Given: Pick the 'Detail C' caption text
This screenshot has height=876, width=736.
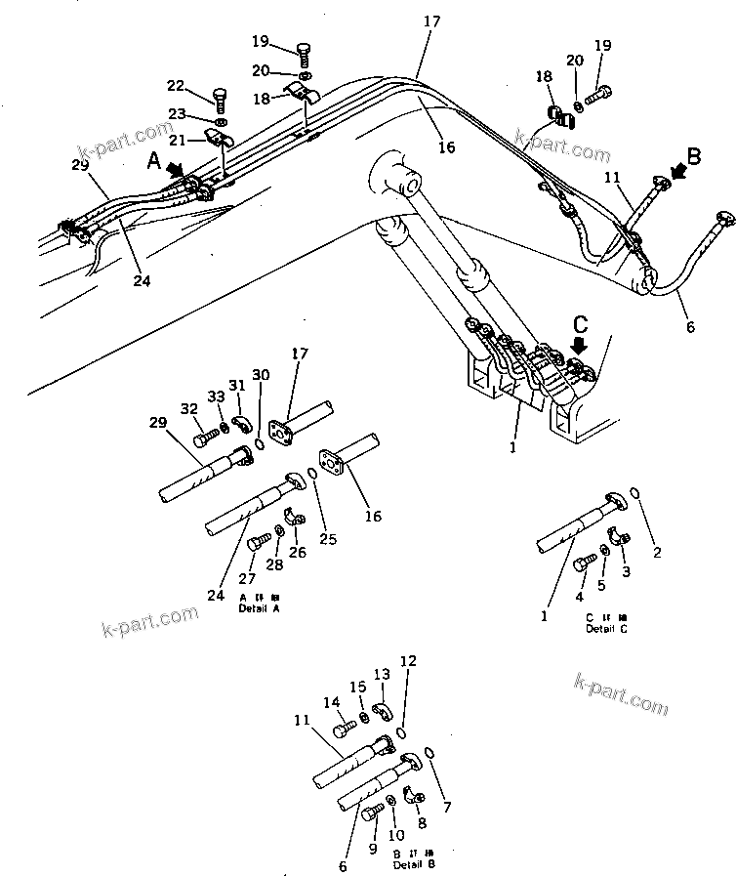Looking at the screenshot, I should point(606,628).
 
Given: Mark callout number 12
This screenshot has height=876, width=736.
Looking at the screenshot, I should point(408,661).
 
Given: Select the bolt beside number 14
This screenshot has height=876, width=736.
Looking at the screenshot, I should point(345,728).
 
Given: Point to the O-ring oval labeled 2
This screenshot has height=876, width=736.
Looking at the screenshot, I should point(636,494).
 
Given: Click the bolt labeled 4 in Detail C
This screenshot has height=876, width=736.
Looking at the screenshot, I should point(584,562).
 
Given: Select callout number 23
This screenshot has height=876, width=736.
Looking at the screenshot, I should point(178,113).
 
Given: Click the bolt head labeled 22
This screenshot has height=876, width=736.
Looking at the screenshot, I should point(219,99).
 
